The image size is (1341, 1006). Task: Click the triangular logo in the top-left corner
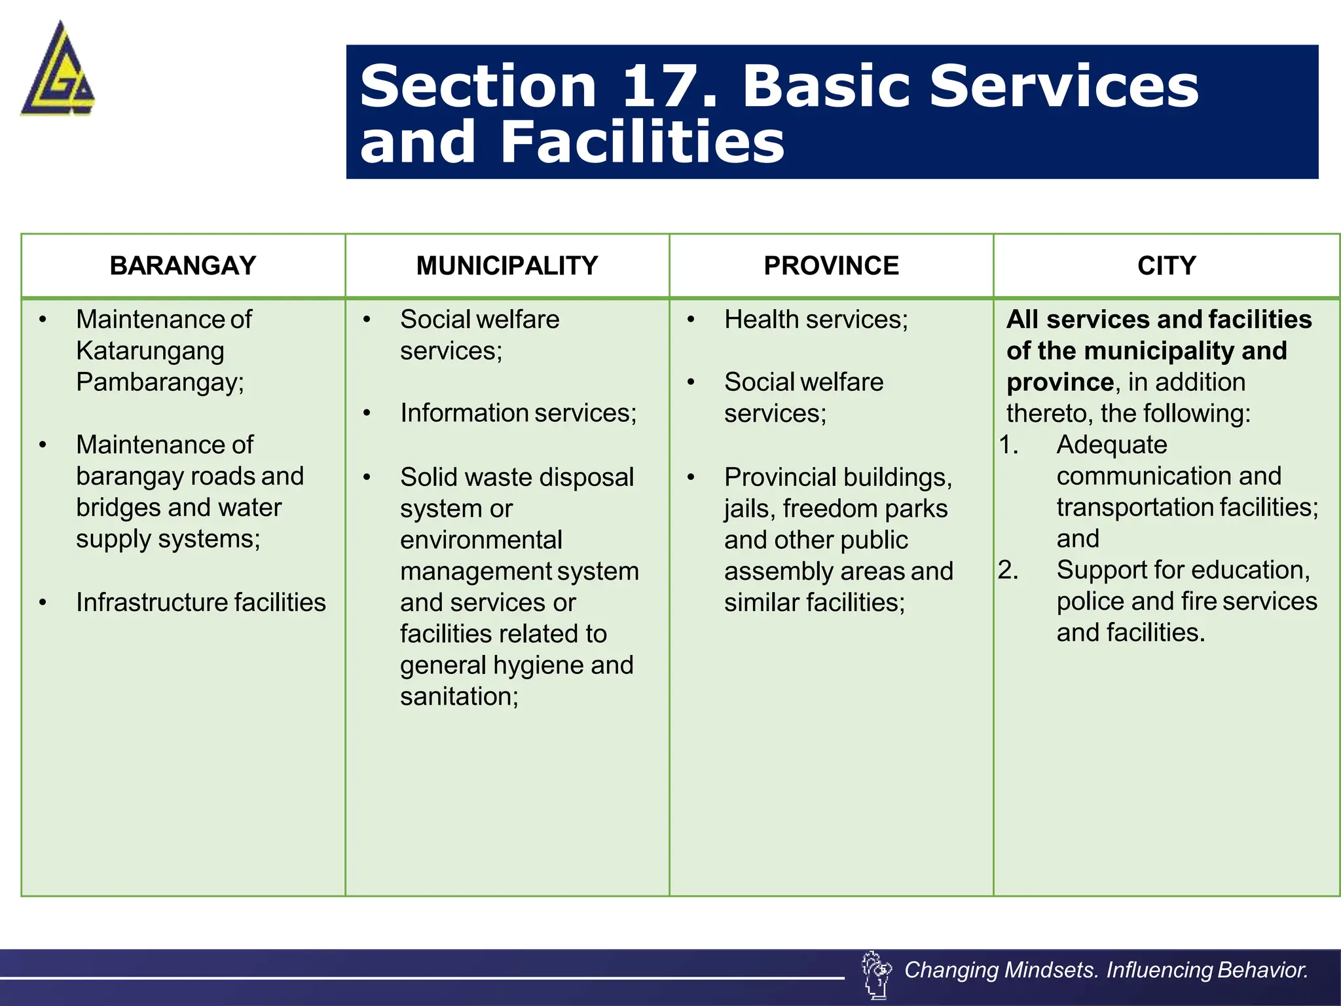pos(58,70)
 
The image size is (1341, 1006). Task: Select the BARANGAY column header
pos(183,266)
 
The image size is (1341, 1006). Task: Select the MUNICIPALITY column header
pos(507,266)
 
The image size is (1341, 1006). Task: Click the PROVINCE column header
pos(831,266)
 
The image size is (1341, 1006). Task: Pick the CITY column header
pos(1166,266)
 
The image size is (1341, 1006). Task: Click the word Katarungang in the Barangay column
pos(150,351)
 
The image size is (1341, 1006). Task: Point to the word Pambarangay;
pos(160,382)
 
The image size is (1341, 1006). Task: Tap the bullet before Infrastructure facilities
pos(43,603)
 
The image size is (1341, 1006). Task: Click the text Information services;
pos(518,413)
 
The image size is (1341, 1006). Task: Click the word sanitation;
pos(459,696)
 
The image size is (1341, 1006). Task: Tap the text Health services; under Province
pos(816,320)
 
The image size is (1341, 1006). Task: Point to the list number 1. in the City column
pos(1008,445)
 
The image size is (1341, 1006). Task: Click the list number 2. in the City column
pos(1008,570)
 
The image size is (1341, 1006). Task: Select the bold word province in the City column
pos(1059,382)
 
